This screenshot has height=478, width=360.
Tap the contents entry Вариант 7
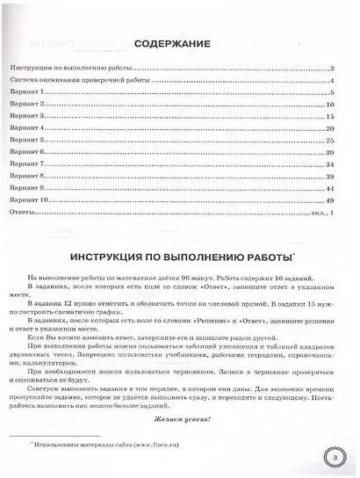click(25, 164)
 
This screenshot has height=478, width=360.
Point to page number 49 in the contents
click(328, 200)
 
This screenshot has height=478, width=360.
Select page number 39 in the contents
click(328, 177)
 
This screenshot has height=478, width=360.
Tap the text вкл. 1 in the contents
click(320, 213)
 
